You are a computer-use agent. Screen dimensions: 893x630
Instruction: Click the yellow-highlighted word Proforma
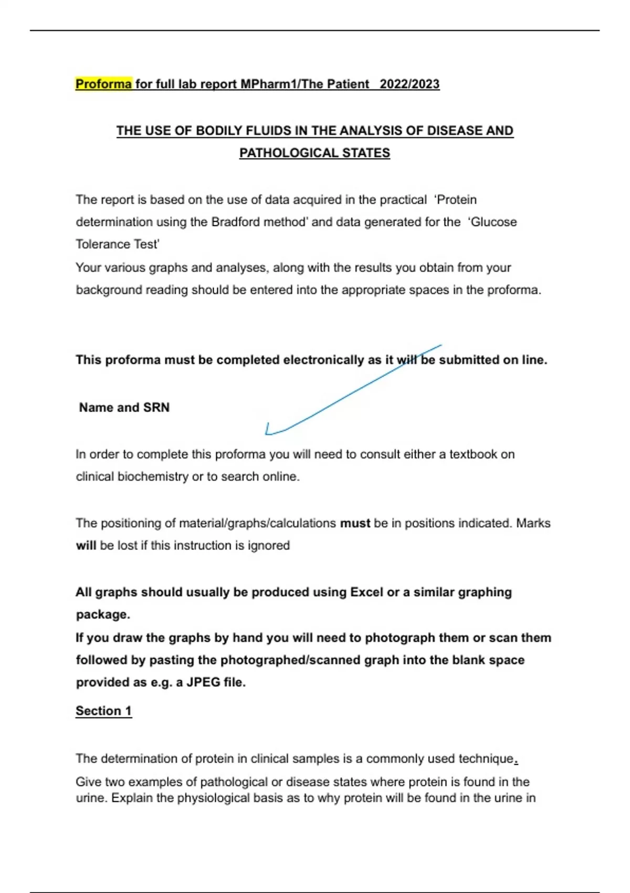click(103, 84)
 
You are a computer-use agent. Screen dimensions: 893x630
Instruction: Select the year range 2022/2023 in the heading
click(409, 84)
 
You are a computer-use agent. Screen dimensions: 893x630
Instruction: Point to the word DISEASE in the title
click(451, 130)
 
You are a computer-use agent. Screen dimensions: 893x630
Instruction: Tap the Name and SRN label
click(124, 408)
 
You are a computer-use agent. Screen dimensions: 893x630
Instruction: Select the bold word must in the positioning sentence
click(355, 523)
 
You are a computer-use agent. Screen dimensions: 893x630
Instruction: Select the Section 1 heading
click(103, 711)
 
